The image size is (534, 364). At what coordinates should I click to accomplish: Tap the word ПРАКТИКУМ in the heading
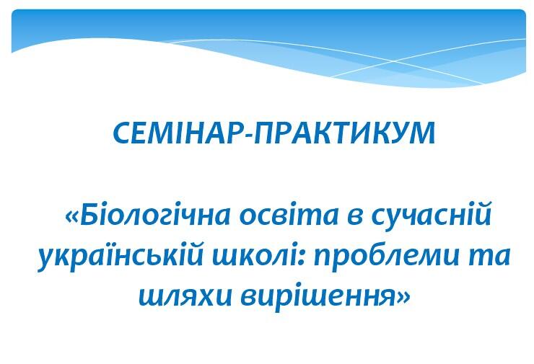[x=344, y=133]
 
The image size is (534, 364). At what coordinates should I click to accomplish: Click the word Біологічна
[x=155, y=216]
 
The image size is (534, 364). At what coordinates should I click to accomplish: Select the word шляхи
[x=185, y=296]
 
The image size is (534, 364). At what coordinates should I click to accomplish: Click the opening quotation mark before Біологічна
[x=72, y=218]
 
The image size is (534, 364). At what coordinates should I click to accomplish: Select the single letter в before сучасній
[x=356, y=218]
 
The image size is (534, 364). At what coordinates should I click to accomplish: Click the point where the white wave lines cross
[x=390, y=61]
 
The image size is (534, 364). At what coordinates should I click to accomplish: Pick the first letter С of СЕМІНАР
[x=122, y=133]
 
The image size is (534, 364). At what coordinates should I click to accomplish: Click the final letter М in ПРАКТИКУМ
[x=422, y=133]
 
